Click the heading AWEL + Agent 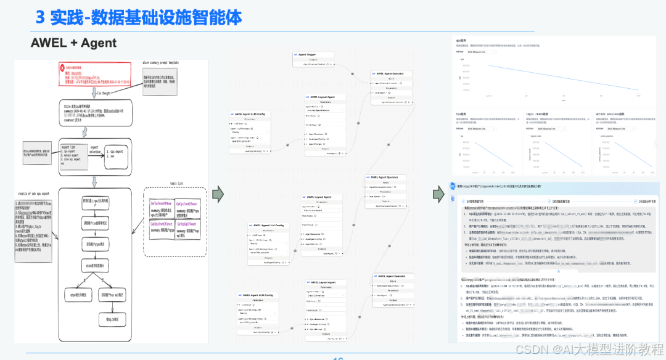point(74,43)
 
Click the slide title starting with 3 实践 point(138,17)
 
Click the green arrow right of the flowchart point(218,192)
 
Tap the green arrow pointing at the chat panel point(438,193)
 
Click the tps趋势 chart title point(461,114)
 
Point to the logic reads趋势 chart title point(538,114)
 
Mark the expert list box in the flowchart point(75,152)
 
